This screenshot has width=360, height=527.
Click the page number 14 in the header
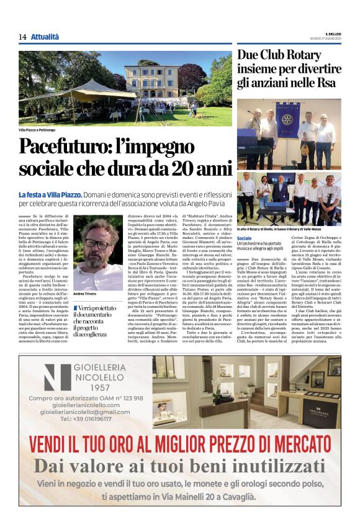(22, 37)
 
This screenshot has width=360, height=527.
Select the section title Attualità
(45, 37)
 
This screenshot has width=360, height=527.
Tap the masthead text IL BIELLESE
(329, 34)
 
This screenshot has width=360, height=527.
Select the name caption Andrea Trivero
(86, 294)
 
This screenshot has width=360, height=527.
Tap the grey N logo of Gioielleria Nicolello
(57, 377)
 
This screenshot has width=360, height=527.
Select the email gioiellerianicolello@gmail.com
(85, 412)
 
